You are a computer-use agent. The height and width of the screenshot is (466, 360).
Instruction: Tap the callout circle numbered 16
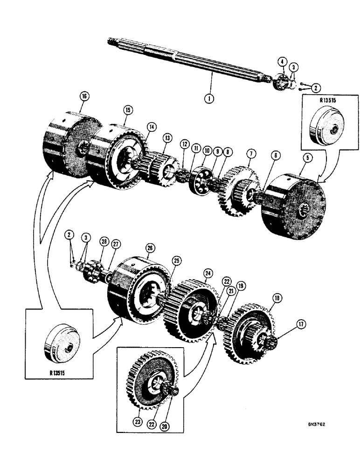84,96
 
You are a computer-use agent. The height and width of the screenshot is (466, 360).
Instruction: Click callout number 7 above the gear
251,153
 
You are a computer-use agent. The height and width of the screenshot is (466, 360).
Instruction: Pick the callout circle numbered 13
167,138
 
